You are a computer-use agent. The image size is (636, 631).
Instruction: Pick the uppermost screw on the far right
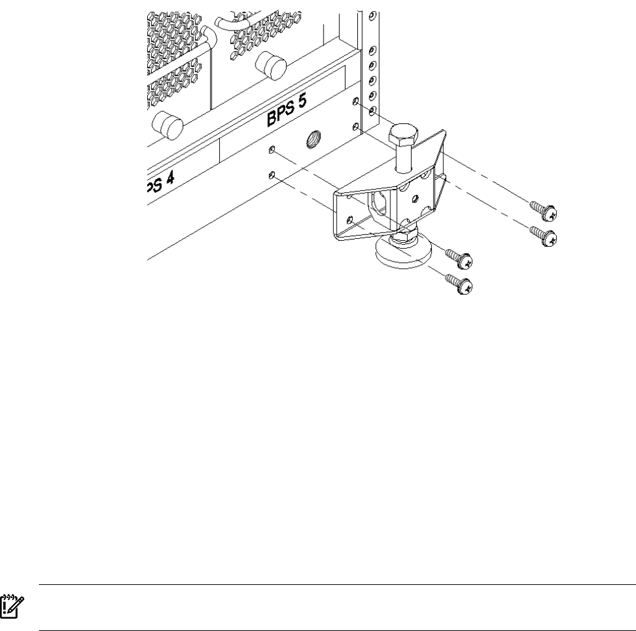(543, 210)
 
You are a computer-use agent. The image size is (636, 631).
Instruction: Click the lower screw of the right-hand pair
(543, 235)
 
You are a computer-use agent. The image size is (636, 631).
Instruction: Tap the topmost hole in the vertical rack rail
(371, 14)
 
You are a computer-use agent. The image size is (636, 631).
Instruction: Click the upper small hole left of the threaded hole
(273, 151)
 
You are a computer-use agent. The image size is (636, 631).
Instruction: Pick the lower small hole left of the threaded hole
(273, 175)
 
